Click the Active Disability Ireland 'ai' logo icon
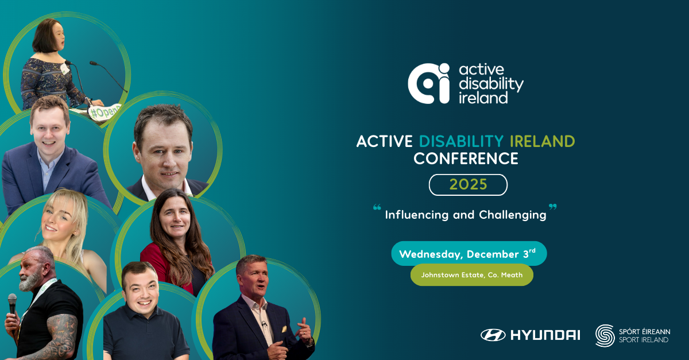click(428, 83)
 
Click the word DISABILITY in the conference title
click(461, 141)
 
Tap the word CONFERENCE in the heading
click(466, 159)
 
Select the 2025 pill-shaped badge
click(468, 185)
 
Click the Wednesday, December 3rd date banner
click(469, 254)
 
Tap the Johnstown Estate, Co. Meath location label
click(471, 275)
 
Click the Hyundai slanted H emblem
click(493, 335)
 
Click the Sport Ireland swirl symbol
click(605, 335)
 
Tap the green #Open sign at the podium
click(105, 111)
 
